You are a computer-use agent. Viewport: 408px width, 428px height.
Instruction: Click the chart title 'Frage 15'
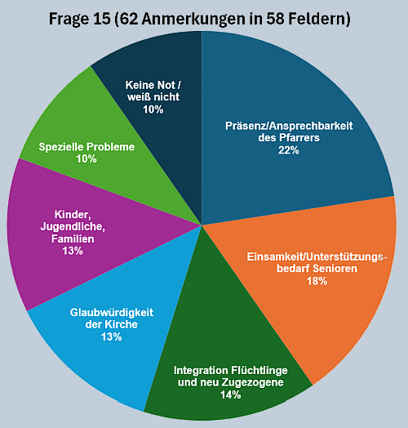(x=80, y=19)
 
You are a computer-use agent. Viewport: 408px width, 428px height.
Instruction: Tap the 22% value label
(x=289, y=150)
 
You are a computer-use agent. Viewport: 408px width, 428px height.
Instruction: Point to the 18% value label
(x=317, y=281)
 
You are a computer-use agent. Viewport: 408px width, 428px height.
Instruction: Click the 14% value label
(x=230, y=395)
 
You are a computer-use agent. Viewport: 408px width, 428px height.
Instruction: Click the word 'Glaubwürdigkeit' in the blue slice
(x=112, y=312)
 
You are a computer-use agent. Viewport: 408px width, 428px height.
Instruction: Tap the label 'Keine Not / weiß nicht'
(x=153, y=91)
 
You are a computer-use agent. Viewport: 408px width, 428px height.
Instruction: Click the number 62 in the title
(x=128, y=19)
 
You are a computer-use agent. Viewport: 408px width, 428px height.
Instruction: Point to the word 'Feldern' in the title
(x=316, y=19)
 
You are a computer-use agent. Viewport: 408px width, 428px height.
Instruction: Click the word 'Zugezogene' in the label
(x=253, y=382)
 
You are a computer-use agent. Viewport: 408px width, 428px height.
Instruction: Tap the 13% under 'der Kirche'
(x=111, y=337)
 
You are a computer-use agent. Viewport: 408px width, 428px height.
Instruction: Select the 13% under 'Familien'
(x=73, y=251)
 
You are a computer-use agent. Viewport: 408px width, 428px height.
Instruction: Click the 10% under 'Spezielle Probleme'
(x=86, y=158)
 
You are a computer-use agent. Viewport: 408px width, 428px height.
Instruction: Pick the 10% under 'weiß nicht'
(x=153, y=109)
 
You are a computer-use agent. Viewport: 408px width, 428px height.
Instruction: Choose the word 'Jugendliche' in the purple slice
(x=73, y=226)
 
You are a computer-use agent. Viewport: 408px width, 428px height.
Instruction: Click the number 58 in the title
(x=275, y=19)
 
